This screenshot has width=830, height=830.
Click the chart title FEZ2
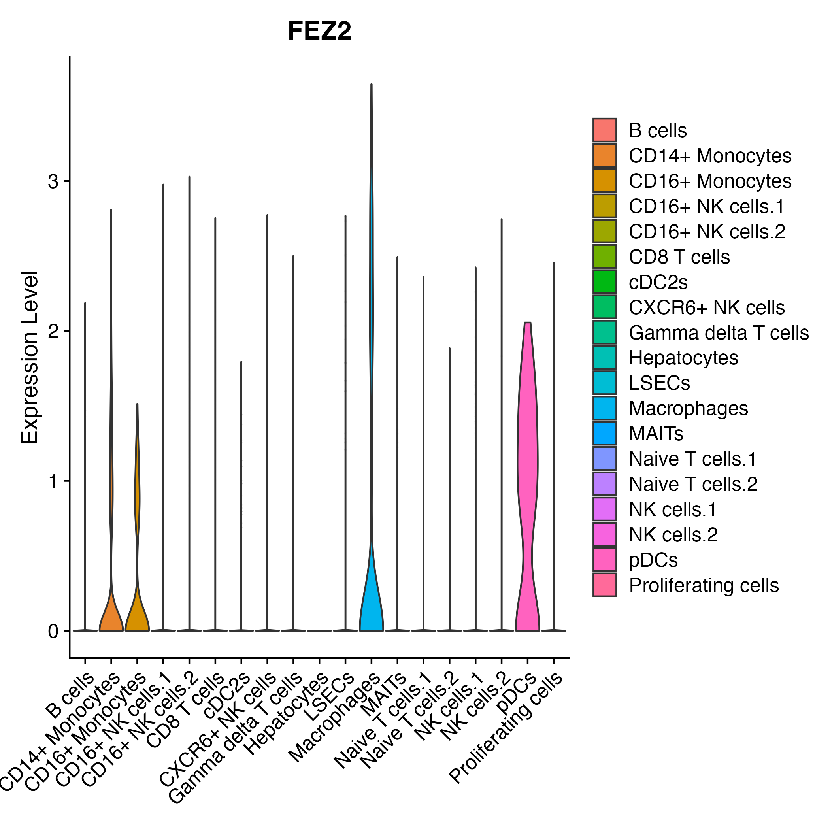[x=319, y=31]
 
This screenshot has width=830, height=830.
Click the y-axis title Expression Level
[x=30, y=357]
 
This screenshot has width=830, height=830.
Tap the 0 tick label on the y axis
[x=53, y=632]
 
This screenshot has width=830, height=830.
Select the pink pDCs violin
[x=528, y=494]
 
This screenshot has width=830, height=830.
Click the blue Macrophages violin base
[x=371, y=610]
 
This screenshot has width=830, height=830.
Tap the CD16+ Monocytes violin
[x=137, y=610]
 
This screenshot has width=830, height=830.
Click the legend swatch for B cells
[x=604, y=130]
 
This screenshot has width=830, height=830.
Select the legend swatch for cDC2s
[x=604, y=282]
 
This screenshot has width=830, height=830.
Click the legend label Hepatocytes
[x=683, y=358]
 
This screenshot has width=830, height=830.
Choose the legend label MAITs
[x=656, y=434]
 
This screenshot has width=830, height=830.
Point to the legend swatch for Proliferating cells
[x=604, y=585]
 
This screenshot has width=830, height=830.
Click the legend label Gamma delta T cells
[x=718, y=332]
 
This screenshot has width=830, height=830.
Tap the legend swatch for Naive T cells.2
[x=604, y=484]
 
